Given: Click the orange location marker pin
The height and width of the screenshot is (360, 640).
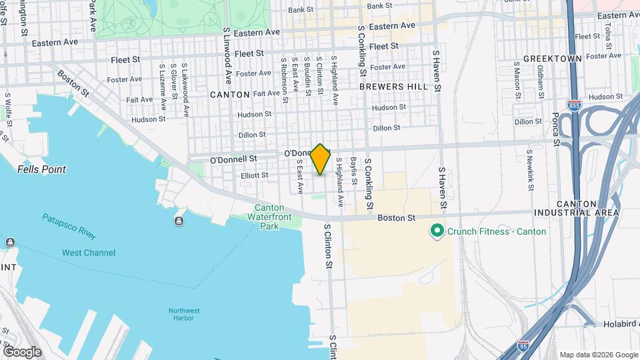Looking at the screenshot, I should pos(321,159).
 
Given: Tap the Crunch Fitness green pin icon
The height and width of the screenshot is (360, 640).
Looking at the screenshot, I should pos(437,231).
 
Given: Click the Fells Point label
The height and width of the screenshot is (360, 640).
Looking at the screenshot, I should pos(41,169).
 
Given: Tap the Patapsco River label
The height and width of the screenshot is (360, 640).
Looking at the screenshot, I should pos(69,227).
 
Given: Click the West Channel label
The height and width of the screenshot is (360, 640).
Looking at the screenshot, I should pos(89,253).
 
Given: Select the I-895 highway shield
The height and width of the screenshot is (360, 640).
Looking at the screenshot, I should pos(573,106).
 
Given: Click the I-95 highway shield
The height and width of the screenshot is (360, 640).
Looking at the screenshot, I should pos(524,347).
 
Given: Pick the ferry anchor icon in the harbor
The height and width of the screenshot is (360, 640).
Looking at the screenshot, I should pos(179,221).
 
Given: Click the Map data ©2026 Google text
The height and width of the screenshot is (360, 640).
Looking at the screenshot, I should pos(598,355).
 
